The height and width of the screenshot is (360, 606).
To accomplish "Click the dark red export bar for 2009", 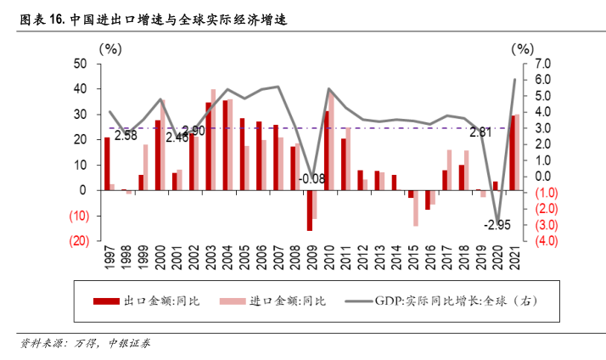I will (x=310, y=210).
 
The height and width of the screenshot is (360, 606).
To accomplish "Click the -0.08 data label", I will (x=311, y=178).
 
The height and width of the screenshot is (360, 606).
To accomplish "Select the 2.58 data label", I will (x=126, y=134).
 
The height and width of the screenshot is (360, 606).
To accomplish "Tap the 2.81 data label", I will (x=480, y=132).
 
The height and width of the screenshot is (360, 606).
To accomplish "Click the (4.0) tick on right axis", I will (x=545, y=240).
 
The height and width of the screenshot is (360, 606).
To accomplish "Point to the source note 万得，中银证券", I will (x=110, y=345).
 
